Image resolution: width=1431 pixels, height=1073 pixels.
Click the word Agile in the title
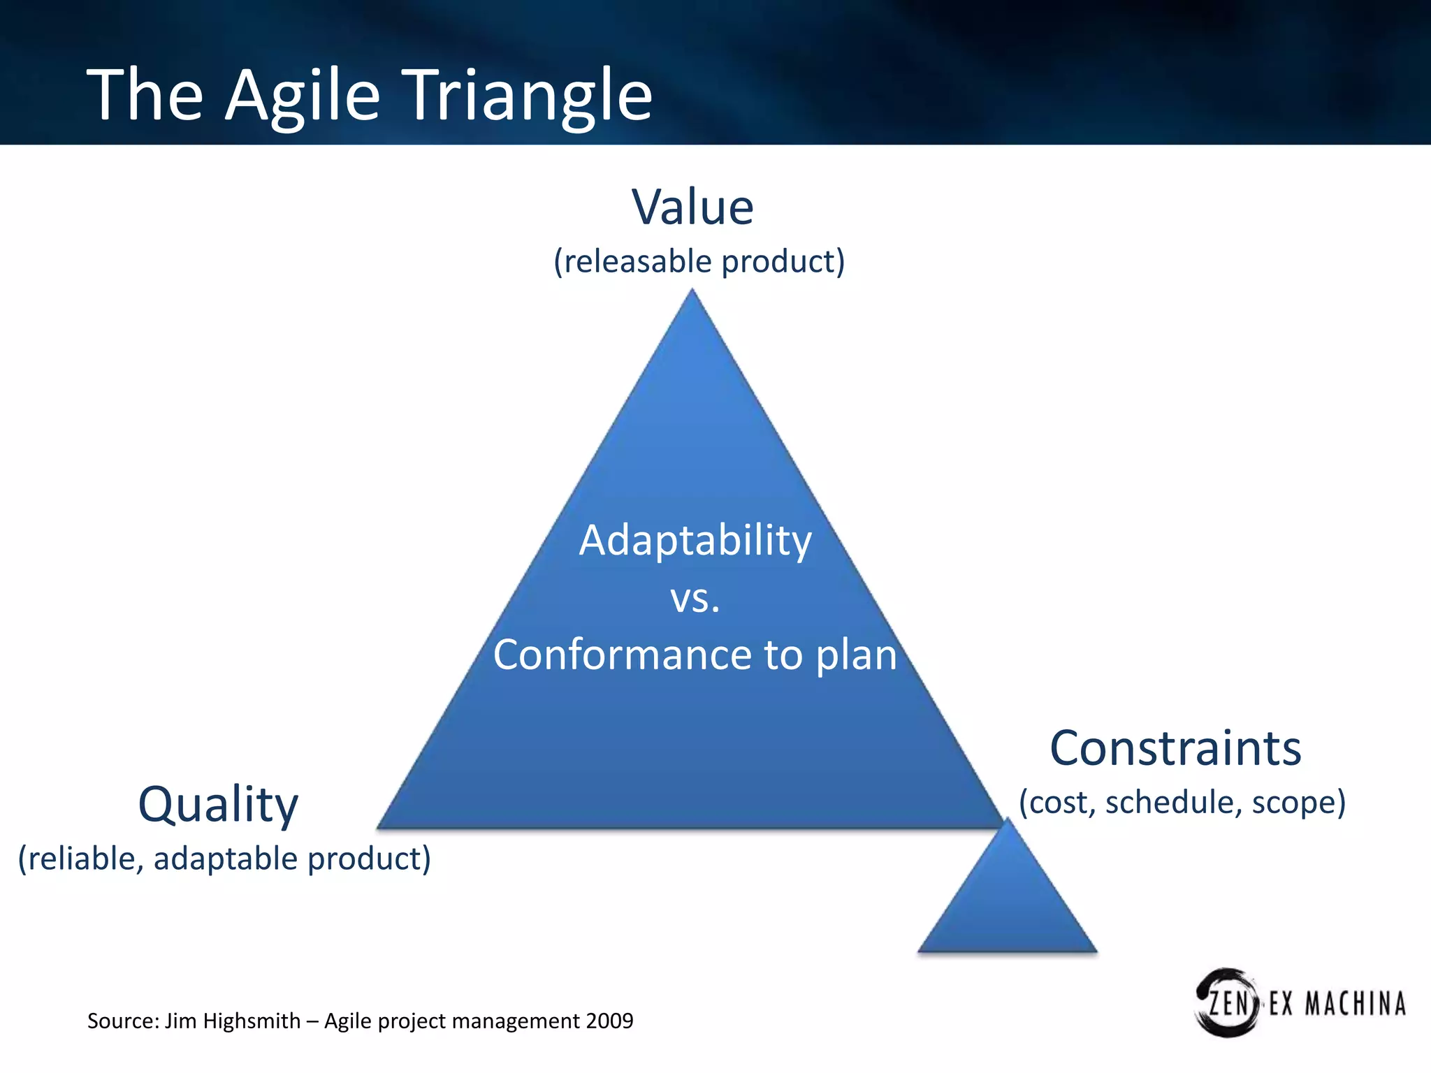point(302,96)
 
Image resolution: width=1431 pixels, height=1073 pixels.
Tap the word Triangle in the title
point(529,96)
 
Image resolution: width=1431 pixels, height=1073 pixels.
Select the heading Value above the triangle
point(692,207)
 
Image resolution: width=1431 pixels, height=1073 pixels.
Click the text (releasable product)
point(699,261)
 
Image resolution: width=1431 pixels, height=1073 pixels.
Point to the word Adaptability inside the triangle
point(695,541)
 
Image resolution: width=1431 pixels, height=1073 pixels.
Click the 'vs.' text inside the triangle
point(695,599)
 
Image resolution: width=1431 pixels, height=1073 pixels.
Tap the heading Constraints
point(1175,748)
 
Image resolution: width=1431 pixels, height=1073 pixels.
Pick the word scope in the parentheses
point(1298,802)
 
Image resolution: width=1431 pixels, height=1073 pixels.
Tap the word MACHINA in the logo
point(1355,1004)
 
